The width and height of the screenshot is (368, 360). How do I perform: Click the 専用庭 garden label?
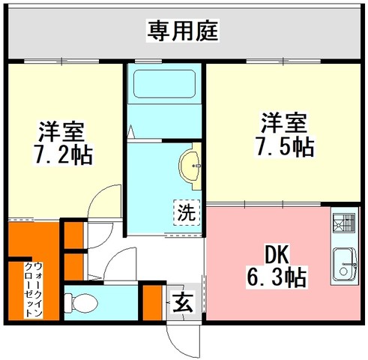click(x=183, y=31)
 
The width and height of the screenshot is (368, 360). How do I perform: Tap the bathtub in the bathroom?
click(x=164, y=84)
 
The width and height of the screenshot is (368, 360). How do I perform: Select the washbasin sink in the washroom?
click(x=190, y=166)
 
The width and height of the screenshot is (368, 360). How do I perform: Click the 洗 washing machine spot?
click(x=187, y=213)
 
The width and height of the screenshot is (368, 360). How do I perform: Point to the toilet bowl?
click(x=81, y=303)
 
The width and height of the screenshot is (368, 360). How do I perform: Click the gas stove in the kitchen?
click(x=344, y=223)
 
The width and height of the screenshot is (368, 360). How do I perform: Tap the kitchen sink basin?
click(x=346, y=265)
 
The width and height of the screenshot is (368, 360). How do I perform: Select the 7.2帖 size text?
click(x=64, y=154)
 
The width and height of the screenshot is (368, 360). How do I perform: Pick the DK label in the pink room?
click(x=277, y=254)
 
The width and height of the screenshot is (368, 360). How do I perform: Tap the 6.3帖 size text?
click(x=277, y=277)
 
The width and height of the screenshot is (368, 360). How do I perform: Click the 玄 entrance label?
click(x=184, y=302)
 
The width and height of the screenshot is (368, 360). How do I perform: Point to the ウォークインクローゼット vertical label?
click(x=33, y=290)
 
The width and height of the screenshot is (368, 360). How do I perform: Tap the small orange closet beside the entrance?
click(x=152, y=302)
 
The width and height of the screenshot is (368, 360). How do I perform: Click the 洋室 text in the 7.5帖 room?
click(x=284, y=123)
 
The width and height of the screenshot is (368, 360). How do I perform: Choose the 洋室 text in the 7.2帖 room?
click(x=61, y=131)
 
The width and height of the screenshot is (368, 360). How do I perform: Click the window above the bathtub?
click(x=148, y=61)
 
